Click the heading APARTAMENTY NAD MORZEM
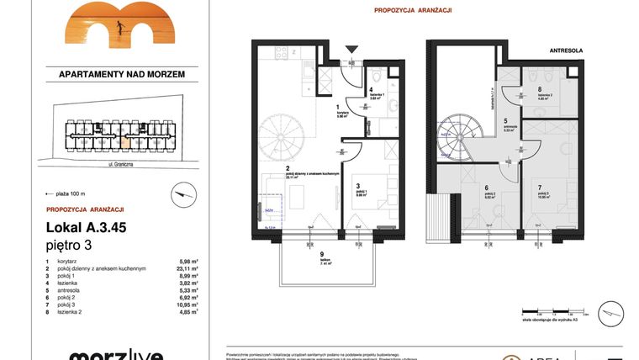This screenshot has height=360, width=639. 122,74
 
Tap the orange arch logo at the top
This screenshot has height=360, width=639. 110,24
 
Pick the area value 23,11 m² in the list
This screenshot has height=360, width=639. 186,268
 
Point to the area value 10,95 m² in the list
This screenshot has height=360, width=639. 186,304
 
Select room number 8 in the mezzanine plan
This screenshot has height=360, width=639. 539,89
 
